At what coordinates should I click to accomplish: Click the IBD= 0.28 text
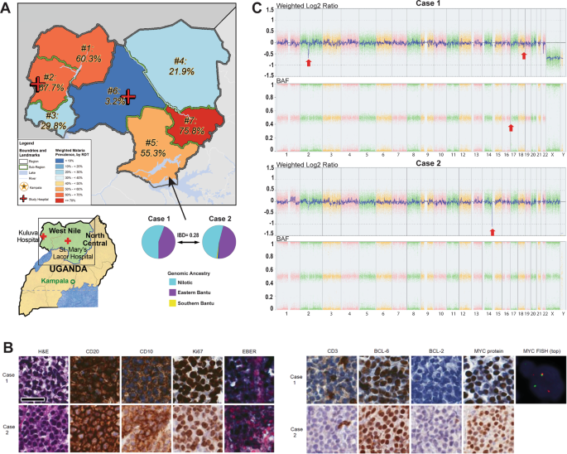190,236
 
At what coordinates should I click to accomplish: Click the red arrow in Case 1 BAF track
511,128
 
